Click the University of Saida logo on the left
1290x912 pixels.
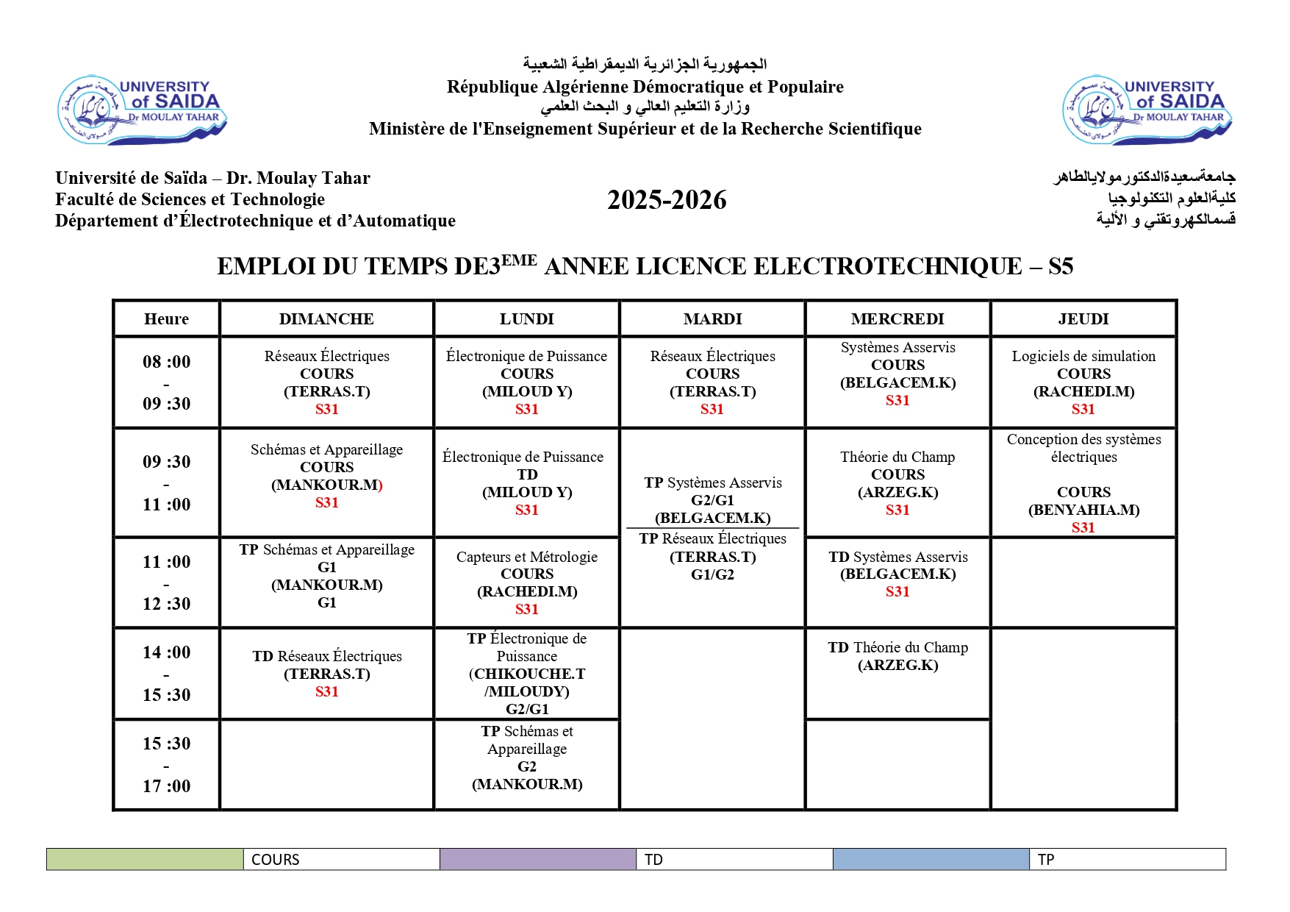pyautogui.click(x=142, y=109)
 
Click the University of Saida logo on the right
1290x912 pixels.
pyautogui.click(x=1147, y=109)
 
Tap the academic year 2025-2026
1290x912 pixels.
pyautogui.click(x=667, y=200)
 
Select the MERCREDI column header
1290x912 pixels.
pyautogui.click(x=897, y=318)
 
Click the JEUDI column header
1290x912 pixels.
pyautogui.click(x=1083, y=318)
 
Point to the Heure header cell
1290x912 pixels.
pyautogui.click(x=166, y=318)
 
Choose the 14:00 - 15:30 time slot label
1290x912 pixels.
pyautogui.click(x=166, y=673)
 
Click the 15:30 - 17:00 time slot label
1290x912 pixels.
pyautogui.click(x=166, y=764)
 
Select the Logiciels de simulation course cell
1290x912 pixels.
pyautogui.click(x=1083, y=382)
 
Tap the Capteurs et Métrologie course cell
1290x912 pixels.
pyautogui.click(x=527, y=582)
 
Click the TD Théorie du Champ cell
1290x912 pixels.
pyautogui.click(x=897, y=656)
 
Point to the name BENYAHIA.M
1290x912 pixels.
pyautogui.click(x=1083, y=510)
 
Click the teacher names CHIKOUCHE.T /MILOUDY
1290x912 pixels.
pyautogui.click(x=527, y=683)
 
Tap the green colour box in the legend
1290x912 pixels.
pyautogui.click(x=145, y=859)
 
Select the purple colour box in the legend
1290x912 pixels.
pyautogui.click(x=537, y=859)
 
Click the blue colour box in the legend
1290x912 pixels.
pyautogui.click(x=931, y=859)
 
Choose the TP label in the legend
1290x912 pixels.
pyautogui.click(x=1046, y=859)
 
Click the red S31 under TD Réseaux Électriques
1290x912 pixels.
pyautogui.click(x=326, y=691)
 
